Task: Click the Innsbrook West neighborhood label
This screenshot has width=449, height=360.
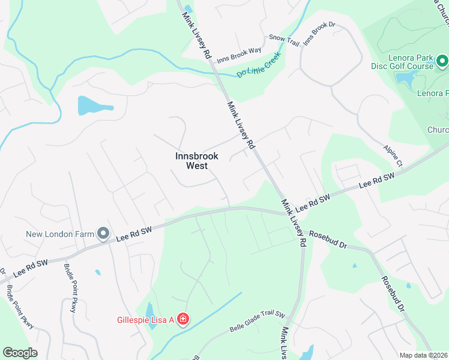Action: coord(196,160)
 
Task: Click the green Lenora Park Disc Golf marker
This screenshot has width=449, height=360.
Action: coord(442,61)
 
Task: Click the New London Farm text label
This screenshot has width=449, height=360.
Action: coord(59,233)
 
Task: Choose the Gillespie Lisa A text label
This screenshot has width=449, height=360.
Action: coord(145,320)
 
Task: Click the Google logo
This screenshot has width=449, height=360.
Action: coord(20,353)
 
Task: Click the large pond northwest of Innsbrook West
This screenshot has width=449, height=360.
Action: coord(94,106)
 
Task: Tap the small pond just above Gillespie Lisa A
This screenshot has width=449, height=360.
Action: coord(149,311)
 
